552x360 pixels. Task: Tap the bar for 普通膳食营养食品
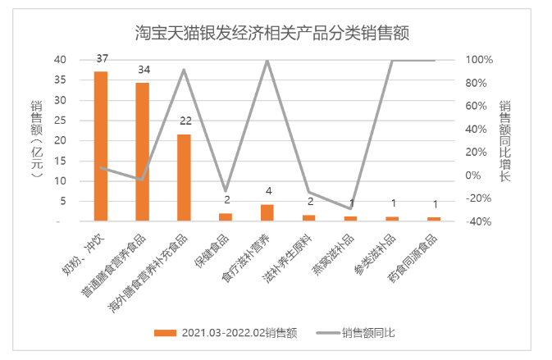click(142, 152)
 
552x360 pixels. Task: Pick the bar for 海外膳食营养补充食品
click(184, 177)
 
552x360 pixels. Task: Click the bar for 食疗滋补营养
click(267, 212)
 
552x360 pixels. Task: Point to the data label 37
click(102, 59)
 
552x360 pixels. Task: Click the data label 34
click(143, 70)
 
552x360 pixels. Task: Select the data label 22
click(185, 121)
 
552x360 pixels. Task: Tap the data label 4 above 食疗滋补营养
click(268, 192)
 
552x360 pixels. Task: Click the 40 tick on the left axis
click(62, 60)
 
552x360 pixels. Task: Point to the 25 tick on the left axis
click(62, 121)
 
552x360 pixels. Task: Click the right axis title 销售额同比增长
click(506, 140)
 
